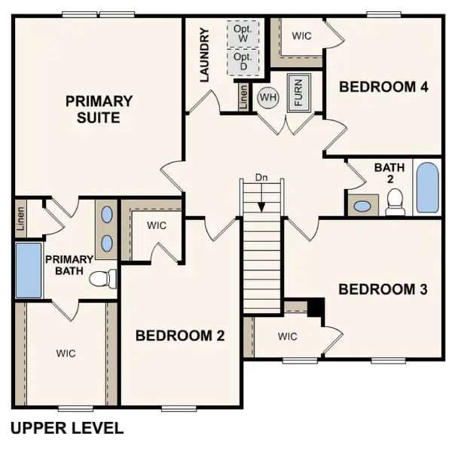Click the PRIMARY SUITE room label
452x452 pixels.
click(99, 109)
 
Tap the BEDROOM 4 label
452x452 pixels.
click(383, 87)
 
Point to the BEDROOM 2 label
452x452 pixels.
click(180, 336)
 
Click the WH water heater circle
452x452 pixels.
click(267, 96)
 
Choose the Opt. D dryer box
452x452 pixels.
click(242, 62)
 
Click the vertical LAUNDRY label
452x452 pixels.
click(203, 55)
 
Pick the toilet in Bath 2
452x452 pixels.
click(395, 200)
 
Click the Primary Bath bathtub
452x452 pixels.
click(29, 270)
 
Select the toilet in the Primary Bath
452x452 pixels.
click(102, 279)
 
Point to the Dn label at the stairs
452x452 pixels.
click(261, 177)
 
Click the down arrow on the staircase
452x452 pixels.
click(261, 202)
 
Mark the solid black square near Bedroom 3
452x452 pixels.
click(316, 307)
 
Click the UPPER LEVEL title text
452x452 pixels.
click(67, 429)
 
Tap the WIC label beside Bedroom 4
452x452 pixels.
click(302, 35)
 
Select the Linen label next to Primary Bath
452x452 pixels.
click(20, 218)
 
